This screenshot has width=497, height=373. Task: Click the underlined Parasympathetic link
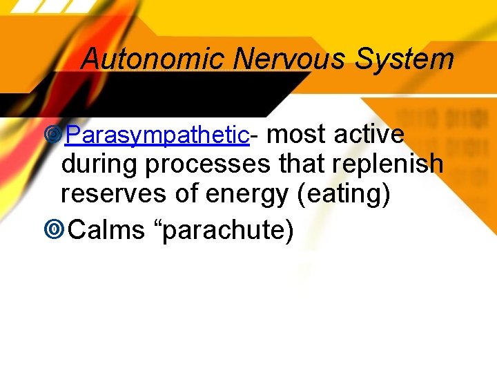tap(157, 135)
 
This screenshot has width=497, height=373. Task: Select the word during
tap(100, 164)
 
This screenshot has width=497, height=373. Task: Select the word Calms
tap(107, 230)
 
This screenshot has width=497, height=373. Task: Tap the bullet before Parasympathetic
tap(52, 135)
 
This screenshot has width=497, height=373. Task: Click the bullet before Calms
tap(52, 230)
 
